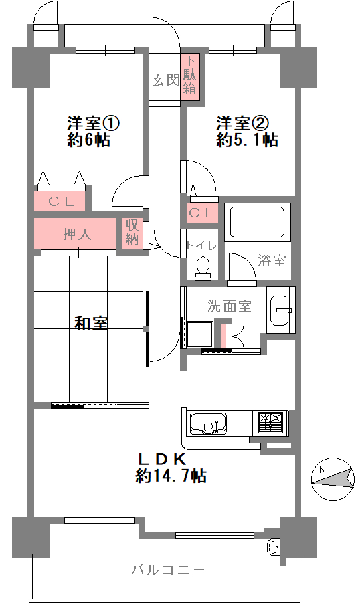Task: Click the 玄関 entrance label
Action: [x=165, y=80]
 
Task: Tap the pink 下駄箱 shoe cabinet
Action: [x=190, y=77]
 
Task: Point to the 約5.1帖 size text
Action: [x=247, y=140]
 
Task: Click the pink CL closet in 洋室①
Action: [x=60, y=201]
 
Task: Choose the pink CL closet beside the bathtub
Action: [x=202, y=213]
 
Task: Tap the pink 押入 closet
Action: [x=75, y=234]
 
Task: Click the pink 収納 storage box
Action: [x=132, y=232]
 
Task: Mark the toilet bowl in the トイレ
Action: [x=203, y=268]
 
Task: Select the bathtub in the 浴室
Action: [x=257, y=221]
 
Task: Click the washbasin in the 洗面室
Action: [x=280, y=310]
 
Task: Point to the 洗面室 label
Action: [x=230, y=306]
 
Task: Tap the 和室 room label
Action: [x=91, y=323]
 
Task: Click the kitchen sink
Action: [x=208, y=423]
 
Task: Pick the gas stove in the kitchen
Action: [x=271, y=423]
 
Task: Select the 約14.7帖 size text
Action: [x=171, y=476]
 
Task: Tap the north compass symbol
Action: [x=333, y=479]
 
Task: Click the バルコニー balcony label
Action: [x=168, y=571]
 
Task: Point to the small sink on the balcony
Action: [x=273, y=546]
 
